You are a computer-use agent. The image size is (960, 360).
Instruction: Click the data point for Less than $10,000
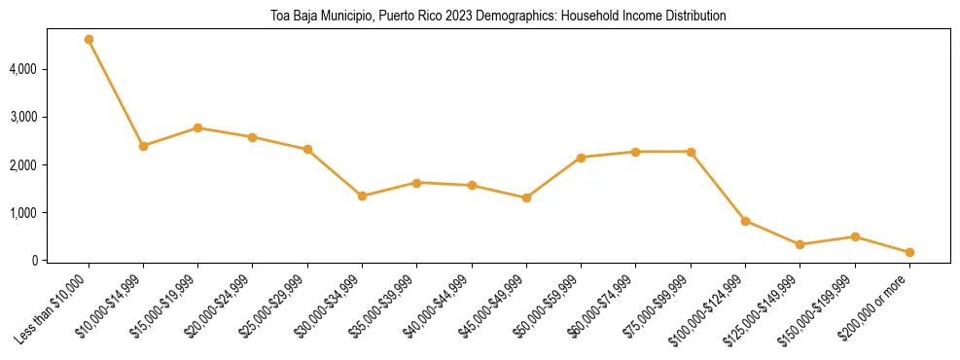(x=89, y=40)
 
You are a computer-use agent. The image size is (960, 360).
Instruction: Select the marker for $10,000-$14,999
(x=143, y=146)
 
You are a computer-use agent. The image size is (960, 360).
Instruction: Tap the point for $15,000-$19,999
(x=197, y=128)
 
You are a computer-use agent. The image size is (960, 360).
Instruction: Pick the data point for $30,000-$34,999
(x=362, y=196)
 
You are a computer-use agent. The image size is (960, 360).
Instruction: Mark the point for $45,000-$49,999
(x=526, y=198)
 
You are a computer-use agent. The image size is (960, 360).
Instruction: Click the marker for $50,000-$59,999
(x=581, y=158)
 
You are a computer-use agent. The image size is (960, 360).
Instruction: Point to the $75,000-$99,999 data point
(x=691, y=152)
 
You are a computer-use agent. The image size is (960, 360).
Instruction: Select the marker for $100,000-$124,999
(x=745, y=221)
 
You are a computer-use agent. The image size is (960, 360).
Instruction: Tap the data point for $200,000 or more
(x=909, y=252)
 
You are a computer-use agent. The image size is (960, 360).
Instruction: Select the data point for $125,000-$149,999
(x=800, y=244)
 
